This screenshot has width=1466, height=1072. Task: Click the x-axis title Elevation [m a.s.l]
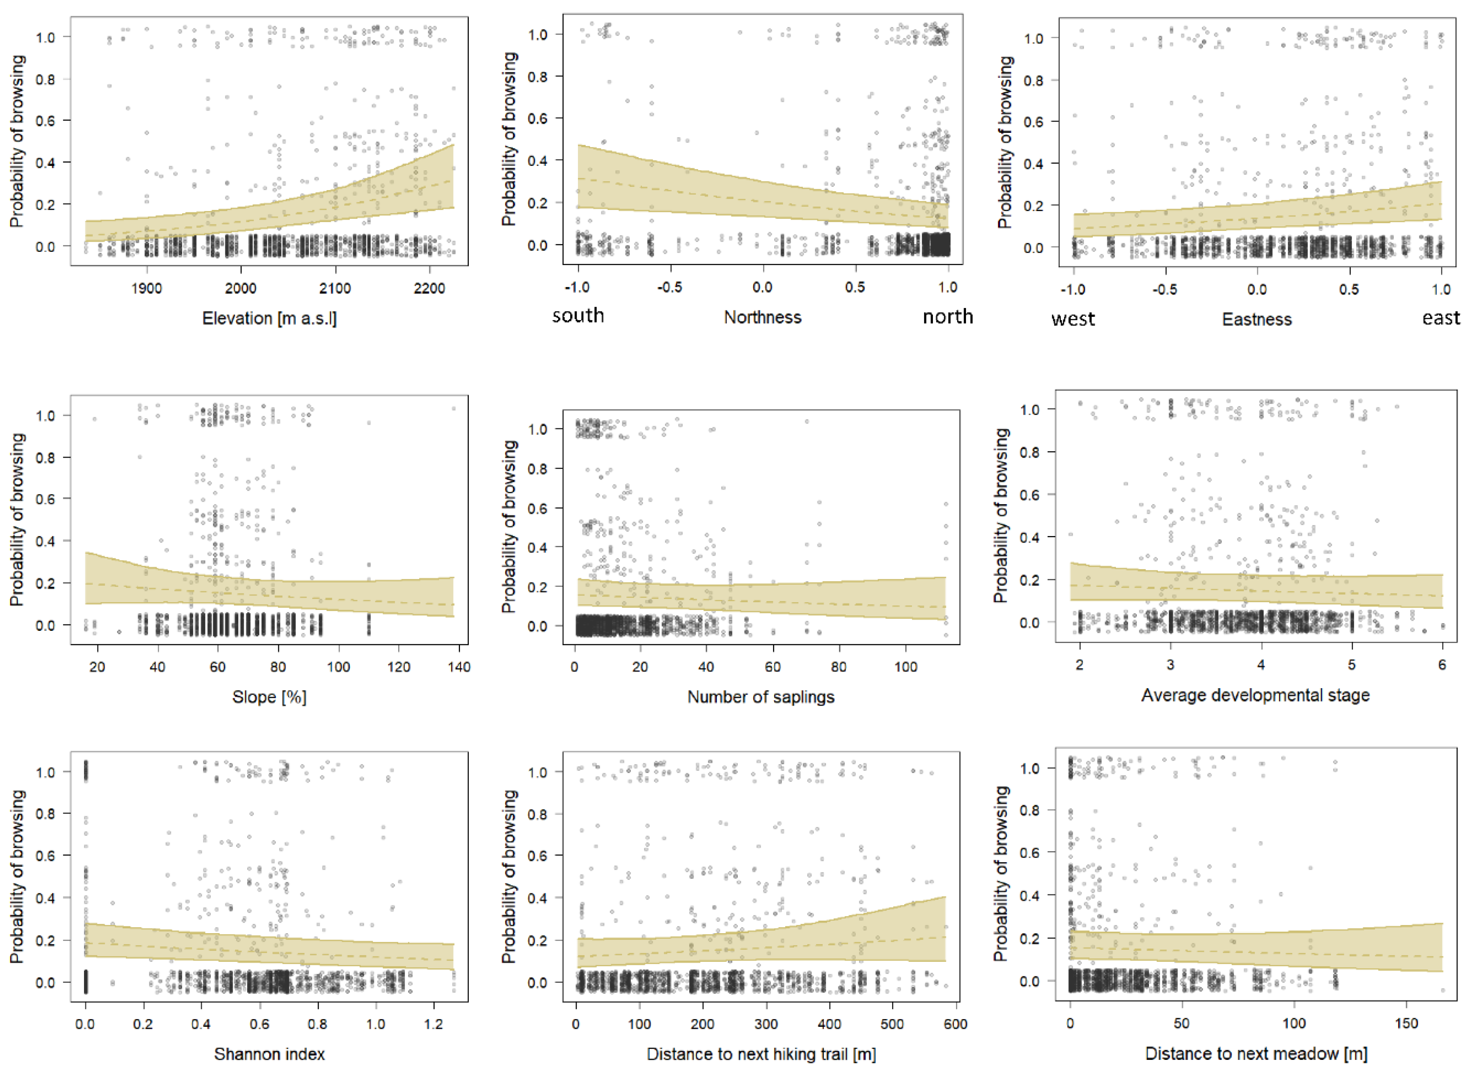(x=269, y=318)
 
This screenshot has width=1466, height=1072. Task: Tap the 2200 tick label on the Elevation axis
(x=429, y=288)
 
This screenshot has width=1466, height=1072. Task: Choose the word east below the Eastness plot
(x=1441, y=318)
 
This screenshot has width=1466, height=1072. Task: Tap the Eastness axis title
(x=1256, y=319)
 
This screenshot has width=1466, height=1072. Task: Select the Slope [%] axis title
(x=269, y=697)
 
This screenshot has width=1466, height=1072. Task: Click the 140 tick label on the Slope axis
(x=458, y=667)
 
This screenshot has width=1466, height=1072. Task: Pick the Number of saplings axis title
(x=760, y=697)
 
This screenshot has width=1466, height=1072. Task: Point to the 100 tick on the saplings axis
(x=906, y=667)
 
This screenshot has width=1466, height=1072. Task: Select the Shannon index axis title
(x=269, y=1054)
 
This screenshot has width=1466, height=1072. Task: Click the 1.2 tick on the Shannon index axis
(x=433, y=1024)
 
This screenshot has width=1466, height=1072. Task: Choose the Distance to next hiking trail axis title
(x=761, y=1054)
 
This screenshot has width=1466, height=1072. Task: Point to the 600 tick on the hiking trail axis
(x=955, y=1024)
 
